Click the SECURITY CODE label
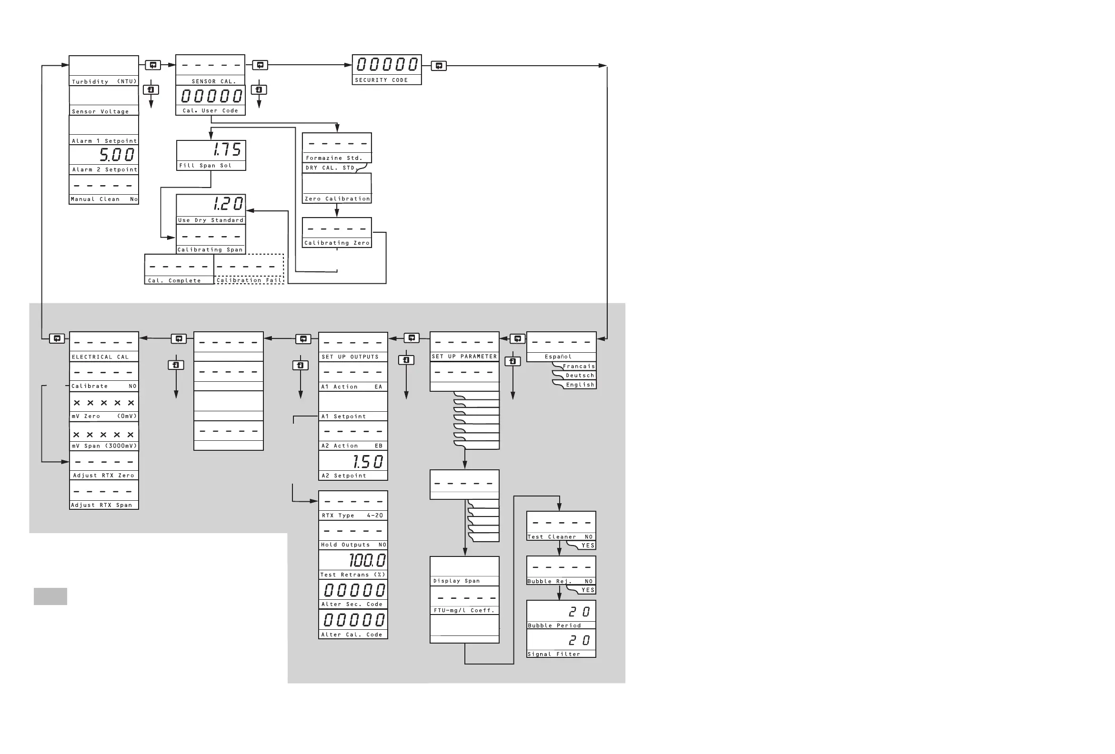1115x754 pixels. (x=382, y=80)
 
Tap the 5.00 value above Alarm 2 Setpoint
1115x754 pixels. (x=117, y=154)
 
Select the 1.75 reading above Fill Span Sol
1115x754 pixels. (x=227, y=149)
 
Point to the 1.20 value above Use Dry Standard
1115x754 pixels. (x=228, y=204)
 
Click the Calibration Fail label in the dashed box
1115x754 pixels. (x=249, y=280)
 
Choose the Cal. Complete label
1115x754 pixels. (x=174, y=280)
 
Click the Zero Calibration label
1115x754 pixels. (x=337, y=198)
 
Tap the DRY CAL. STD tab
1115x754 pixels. (x=331, y=168)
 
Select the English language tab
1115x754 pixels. (x=580, y=385)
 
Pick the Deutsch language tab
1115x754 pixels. (x=580, y=376)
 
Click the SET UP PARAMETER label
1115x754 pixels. (x=464, y=357)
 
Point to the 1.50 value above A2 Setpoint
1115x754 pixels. (x=368, y=461)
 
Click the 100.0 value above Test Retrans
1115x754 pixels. (x=367, y=560)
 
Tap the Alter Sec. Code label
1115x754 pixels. (x=352, y=605)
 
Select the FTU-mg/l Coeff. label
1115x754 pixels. (x=464, y=611)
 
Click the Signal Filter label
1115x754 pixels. (x=553, y=654)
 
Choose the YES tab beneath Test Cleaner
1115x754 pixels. (x=587, y=546)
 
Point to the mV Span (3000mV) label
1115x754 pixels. (x=104, y=446)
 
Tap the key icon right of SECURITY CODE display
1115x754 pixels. (x=439, y=66)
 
